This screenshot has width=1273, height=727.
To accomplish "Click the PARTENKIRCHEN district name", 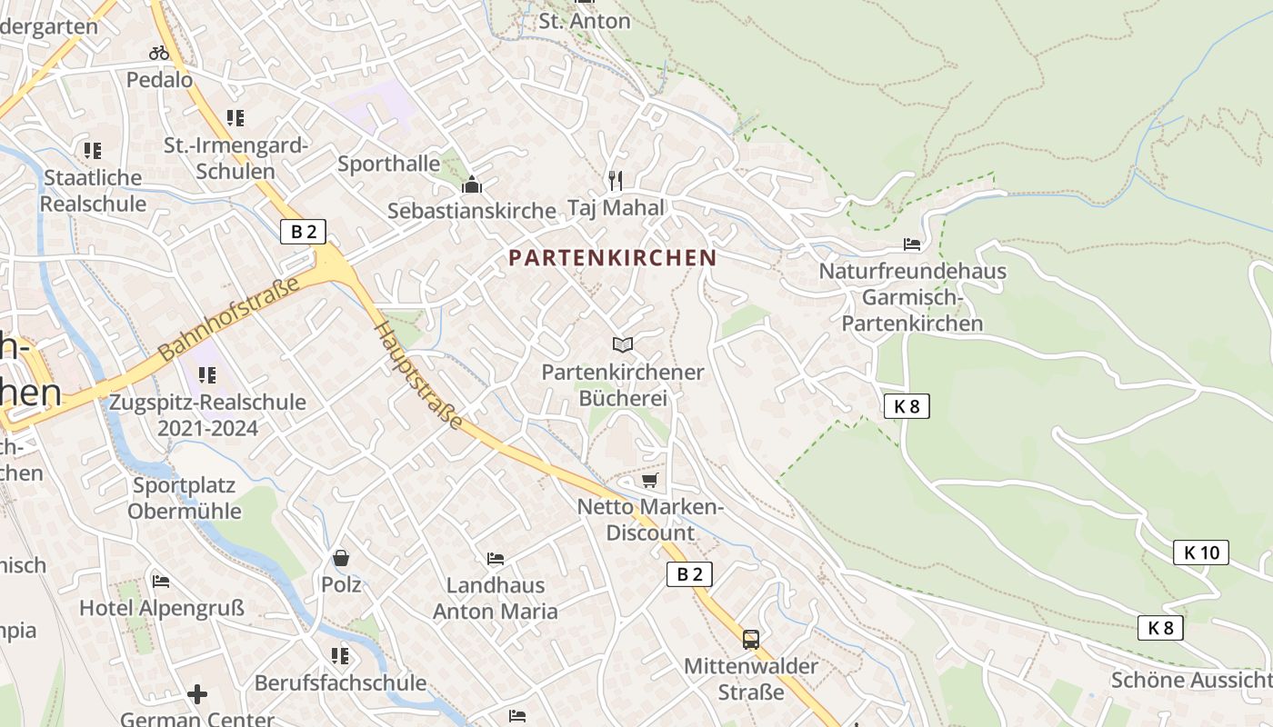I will coord(612,258).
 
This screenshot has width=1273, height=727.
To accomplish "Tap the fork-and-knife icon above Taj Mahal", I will coord(616,180).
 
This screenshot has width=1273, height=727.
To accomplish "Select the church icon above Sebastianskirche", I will coord(471,185).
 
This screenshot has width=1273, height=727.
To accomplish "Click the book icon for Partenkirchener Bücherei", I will coord(622,344).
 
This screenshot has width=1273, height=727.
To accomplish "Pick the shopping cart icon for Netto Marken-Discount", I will coord(649,480).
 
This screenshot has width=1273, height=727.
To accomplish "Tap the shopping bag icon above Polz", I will coord(341,558).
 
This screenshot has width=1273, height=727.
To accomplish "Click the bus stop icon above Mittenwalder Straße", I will coord(750,640).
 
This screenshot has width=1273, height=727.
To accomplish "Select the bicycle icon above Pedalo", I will coord(159,53).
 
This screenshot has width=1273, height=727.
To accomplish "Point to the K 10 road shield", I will coord(1200,553).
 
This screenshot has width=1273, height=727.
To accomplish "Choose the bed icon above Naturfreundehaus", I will coord(912,244).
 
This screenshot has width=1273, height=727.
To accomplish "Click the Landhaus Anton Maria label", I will coord(496,598).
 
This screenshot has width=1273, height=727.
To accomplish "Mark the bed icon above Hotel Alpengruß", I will coord(161,581).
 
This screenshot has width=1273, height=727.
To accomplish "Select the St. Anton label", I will coord(584,21).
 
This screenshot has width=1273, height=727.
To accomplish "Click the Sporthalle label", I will coord(389,164).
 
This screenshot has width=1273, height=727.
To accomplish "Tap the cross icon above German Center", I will coord(196,694).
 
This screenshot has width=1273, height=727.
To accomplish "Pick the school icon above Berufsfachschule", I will coord(340,655).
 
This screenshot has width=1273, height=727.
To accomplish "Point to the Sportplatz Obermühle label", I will coord(184,498).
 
